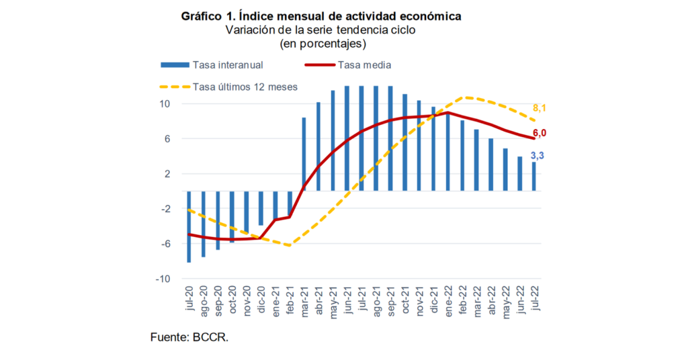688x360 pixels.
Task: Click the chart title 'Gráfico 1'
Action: (x=320, y=15)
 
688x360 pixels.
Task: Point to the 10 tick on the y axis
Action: (x=165, y=104)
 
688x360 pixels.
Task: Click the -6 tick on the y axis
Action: (x=165, y=244)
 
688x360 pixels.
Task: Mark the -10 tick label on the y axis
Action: (x=163, y=279)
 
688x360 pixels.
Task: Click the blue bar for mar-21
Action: (x=304, y=154)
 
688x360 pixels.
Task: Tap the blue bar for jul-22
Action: (x=534, y=176)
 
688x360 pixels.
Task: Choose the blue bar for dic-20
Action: (x=261, y=208)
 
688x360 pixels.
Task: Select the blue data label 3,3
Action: (x=537, y=155)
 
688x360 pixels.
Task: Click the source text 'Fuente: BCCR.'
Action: (x=189, y=337)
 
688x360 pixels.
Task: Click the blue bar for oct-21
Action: (x=405, y=142)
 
